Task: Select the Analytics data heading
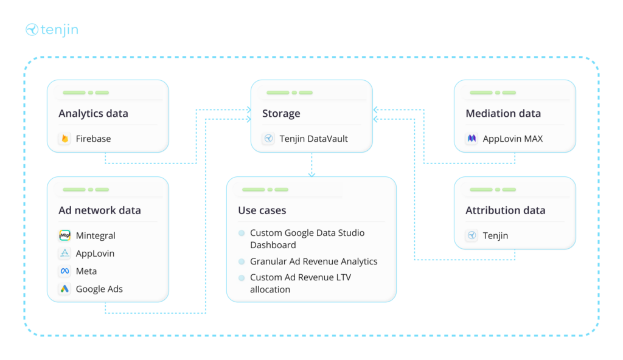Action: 93,114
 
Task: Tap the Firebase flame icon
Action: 65,139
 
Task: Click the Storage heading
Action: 280,114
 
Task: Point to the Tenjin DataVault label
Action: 313,139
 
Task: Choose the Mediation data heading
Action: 503,114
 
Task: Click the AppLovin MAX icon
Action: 472,139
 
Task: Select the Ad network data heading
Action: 99,210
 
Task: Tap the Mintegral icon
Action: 65,235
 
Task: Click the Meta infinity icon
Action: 65,271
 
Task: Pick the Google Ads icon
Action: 65,289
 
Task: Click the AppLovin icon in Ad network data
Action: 65,254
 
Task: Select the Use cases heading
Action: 262,210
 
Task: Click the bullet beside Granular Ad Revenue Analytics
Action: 242,261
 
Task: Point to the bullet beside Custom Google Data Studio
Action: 242,233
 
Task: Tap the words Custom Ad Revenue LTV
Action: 300,277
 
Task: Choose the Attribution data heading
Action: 505,210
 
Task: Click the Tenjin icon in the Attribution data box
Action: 472,235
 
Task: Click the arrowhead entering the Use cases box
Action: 311,175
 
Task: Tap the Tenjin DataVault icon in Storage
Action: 268,139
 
